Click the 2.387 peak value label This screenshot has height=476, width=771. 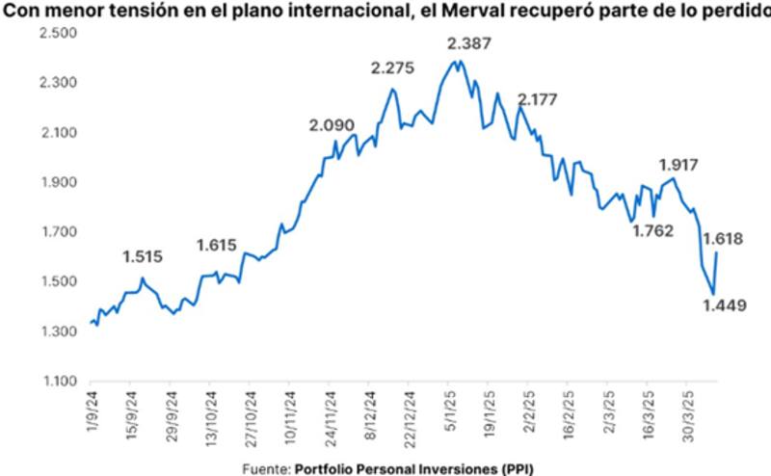470,44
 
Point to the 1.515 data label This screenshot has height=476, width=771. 143,257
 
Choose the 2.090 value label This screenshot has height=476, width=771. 332,126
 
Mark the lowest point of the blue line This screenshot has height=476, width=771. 713,295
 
